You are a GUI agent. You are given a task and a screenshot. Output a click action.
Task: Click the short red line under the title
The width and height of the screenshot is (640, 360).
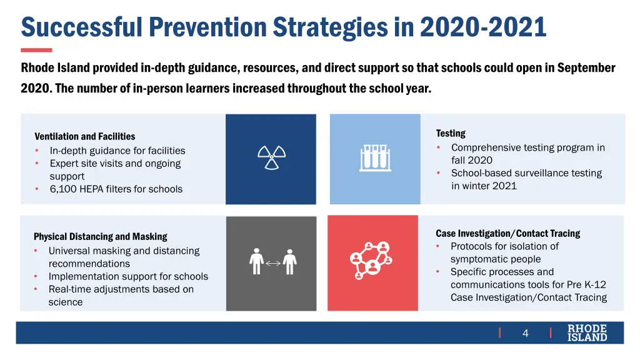36,50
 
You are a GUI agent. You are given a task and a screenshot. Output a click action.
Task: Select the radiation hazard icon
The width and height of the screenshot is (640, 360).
271,158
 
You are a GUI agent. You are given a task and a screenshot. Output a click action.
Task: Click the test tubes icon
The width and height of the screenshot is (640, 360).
375,158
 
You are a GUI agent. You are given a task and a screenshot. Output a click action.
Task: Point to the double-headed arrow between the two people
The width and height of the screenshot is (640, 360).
272,263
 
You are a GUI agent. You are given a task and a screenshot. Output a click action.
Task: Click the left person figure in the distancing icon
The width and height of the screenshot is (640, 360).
256,262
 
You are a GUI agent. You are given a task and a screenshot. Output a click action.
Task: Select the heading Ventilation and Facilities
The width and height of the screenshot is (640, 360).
84,136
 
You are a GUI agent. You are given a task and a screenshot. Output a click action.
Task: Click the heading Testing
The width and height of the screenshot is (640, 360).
451,133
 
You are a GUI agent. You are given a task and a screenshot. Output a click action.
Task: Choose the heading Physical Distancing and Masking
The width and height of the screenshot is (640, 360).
100,236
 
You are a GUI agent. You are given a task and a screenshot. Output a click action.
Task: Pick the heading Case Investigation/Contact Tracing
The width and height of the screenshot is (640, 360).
507,233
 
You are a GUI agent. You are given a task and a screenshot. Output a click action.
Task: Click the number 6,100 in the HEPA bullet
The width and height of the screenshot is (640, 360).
63,189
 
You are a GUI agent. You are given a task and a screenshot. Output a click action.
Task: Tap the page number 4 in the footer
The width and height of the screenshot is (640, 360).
525,333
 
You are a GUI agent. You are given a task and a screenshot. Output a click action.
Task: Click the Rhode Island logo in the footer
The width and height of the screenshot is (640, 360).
587,333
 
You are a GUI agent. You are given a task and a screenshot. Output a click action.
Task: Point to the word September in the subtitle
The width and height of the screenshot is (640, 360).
586,67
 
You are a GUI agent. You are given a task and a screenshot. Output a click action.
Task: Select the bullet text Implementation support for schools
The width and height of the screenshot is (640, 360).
128,276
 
